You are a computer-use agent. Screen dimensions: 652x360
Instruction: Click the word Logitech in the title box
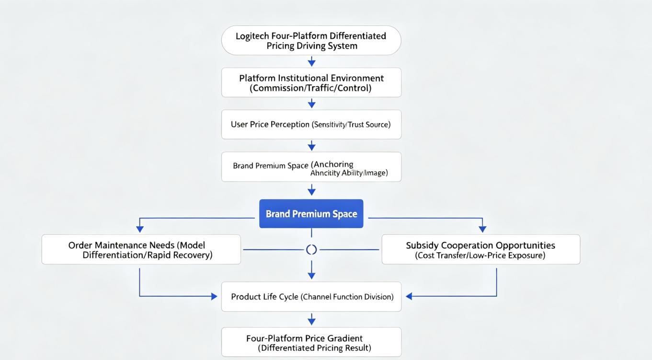[252, 36]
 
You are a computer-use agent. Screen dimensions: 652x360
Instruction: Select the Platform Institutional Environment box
[311, 82]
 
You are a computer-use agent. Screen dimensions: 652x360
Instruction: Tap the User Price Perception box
[311, 124]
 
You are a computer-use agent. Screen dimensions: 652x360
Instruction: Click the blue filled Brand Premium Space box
[311, 213]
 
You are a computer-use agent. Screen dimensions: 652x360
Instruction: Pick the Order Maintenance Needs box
[141, 250]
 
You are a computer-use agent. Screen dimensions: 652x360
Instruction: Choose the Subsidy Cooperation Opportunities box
[481, 250]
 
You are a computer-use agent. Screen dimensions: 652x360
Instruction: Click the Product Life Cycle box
[311, 297]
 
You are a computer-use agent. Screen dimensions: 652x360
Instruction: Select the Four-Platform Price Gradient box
[311, 342]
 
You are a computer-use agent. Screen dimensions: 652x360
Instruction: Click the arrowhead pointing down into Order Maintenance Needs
[140, 229]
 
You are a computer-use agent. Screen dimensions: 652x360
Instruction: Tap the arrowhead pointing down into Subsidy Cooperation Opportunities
[482, 229]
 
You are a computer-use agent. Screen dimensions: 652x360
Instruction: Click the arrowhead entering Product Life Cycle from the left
[214, 297]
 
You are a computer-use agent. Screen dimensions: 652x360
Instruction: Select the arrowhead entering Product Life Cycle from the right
[409, 296]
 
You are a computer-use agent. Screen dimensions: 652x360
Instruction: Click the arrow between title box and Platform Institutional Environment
[311, 61]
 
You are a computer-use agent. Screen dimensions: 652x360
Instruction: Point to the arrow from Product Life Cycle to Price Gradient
[311, 319]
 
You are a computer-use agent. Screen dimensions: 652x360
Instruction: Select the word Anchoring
[332, 164]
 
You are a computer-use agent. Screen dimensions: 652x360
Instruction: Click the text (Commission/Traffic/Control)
[310, 88]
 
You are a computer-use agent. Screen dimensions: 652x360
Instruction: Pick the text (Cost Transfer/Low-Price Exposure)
[480, 255]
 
